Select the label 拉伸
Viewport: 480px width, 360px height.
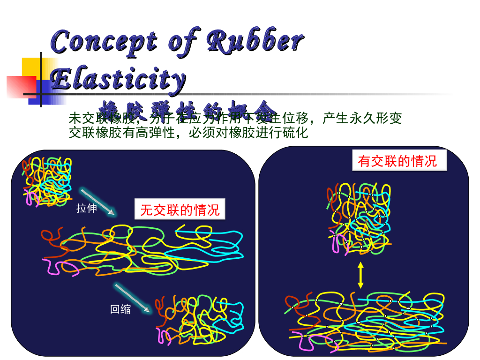click(x=87, y=209)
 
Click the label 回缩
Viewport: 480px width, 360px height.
click(x=120, y=309)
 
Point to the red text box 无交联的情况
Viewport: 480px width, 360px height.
click(x=180, y=210)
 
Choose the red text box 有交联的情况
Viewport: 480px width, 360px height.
click(x=397, y=161)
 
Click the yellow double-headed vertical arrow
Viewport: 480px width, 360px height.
click(x=360, y=275)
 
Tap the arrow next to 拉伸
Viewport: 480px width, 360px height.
click(x=97, y=202)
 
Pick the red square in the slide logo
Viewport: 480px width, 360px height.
click(x=21, y=86)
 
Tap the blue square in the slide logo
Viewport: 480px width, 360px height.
click(x=41, y=92)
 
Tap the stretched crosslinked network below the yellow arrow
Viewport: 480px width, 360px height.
click(x=366, y=322)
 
